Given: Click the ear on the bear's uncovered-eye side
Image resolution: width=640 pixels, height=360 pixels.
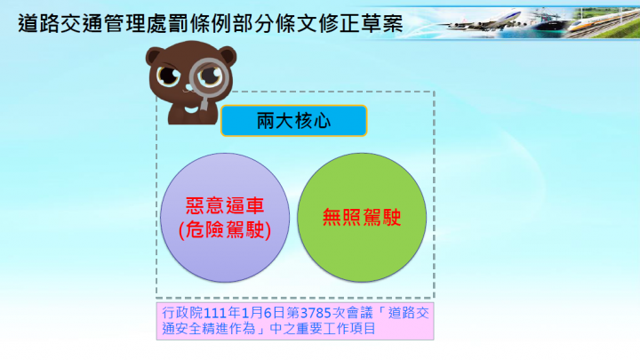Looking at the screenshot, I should tap(150, 55).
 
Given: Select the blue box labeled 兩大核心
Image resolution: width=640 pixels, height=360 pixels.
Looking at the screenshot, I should tap(293, 121).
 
